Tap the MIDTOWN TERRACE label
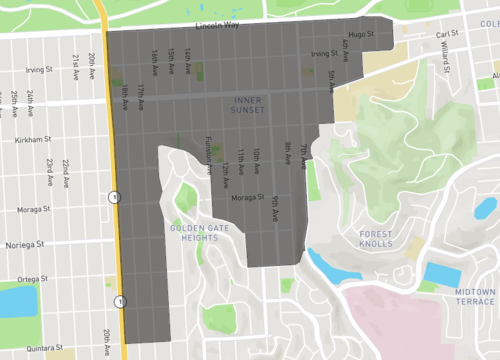tap(475, 295)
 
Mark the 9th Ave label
tap(273, 208)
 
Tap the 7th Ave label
tap(304, 153)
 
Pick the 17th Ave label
tap(141, 96)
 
